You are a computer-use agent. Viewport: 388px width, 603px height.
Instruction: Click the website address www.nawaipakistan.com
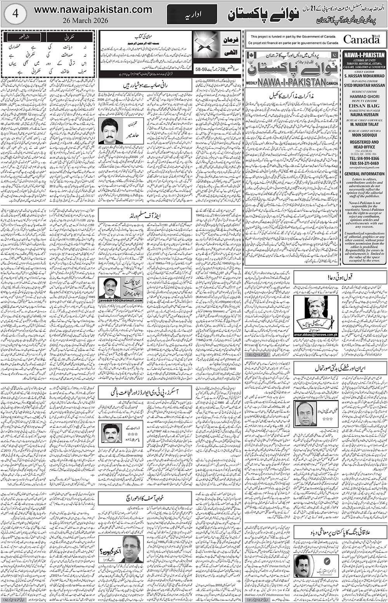[x=93, y=10]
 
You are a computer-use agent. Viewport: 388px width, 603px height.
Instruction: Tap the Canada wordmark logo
[x=361, y=39]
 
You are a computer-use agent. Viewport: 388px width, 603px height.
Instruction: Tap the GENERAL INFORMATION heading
[x=364, y=174]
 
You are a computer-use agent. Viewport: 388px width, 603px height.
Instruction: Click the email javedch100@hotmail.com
[x=121, y=300]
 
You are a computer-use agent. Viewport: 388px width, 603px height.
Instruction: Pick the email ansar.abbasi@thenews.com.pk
[x=316, y=335]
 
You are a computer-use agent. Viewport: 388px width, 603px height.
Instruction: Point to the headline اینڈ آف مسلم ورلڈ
[x=144, y=215]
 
